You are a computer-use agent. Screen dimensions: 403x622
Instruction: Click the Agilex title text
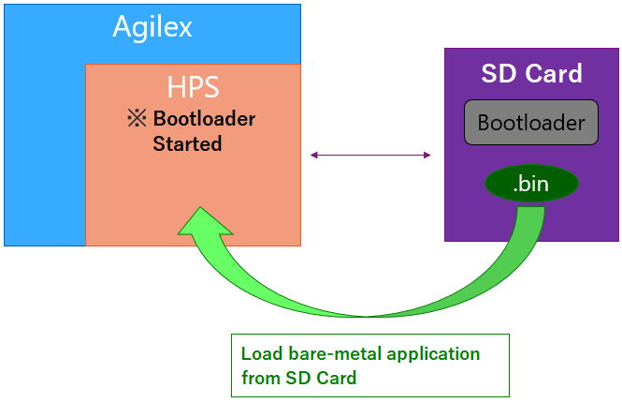coord(152,26)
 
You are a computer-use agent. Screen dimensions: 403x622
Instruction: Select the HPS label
coord(193,87)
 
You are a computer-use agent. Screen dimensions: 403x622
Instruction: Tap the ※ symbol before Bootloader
coord(137,120)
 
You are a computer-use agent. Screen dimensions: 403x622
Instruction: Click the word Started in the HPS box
coord(187,144)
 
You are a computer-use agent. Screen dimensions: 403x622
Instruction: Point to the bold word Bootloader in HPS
coord(204,120)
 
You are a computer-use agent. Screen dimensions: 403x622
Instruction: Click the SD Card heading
coord(531,73)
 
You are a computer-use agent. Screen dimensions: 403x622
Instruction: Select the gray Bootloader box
coord(531,123)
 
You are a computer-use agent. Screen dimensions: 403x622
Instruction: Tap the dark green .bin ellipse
coord(530,184)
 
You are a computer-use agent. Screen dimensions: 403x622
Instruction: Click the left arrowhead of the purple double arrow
coord(314,155)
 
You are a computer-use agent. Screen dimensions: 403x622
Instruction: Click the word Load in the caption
coord(259,354)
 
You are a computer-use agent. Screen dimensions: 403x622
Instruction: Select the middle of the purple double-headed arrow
coord(370,155)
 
